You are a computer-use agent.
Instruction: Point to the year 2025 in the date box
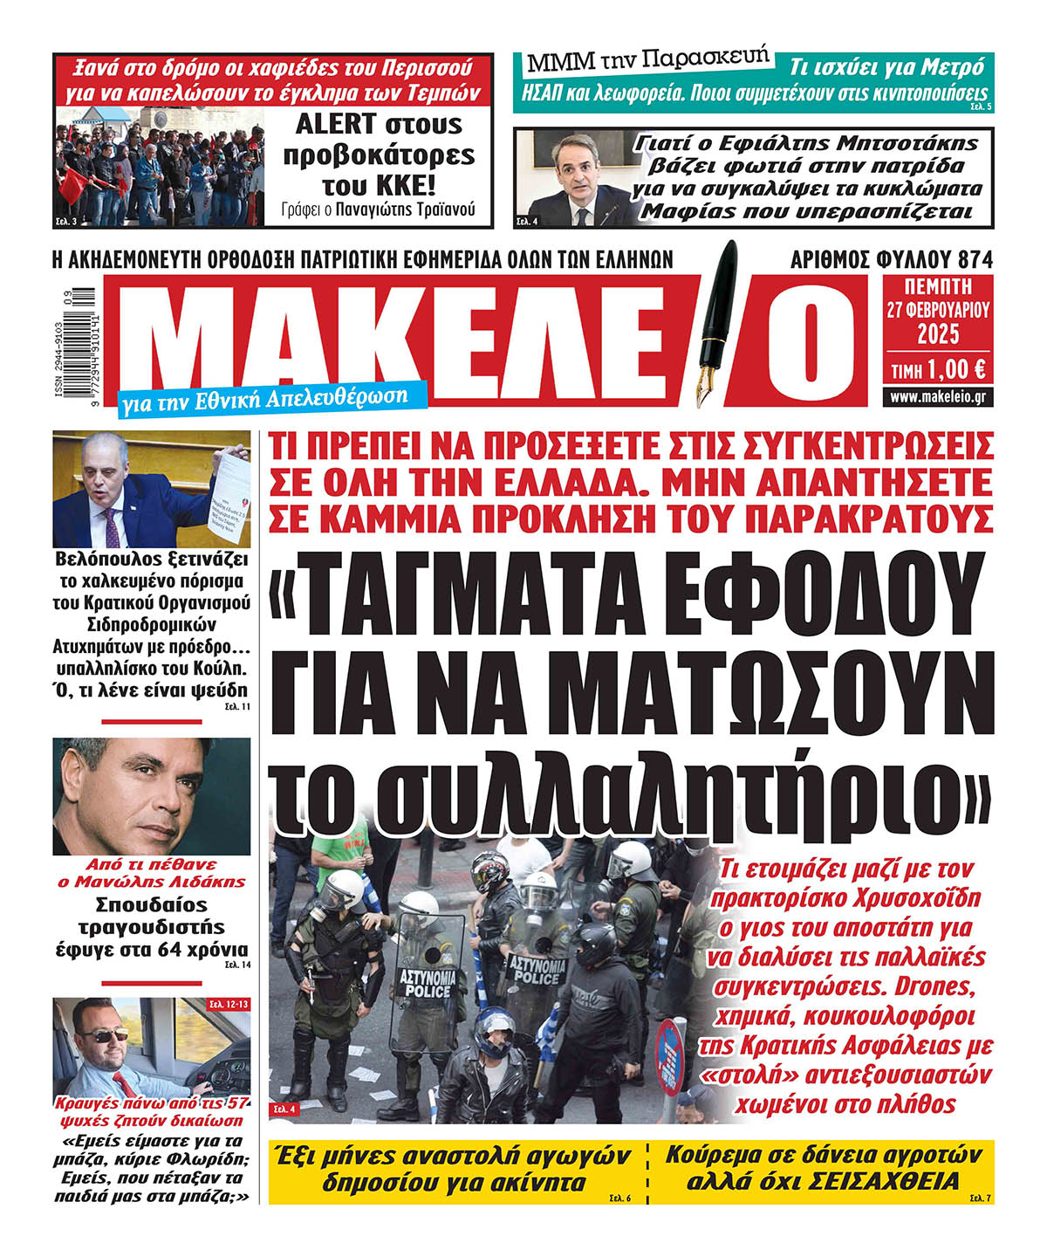point(938,334)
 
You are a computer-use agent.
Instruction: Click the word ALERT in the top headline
point(335,125)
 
